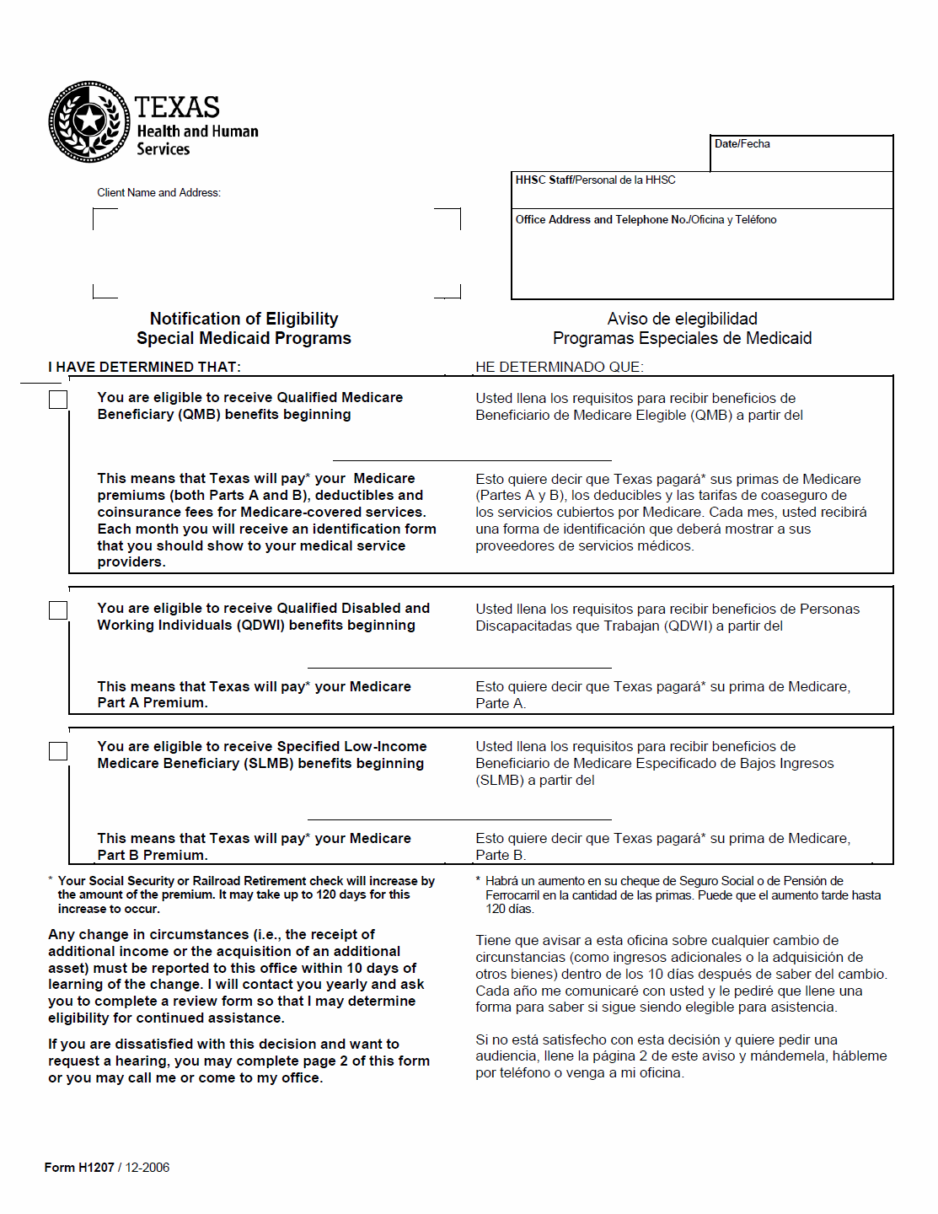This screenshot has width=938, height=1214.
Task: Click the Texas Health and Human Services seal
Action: coord(88,121)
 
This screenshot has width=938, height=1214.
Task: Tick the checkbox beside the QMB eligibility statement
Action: coord(58,400)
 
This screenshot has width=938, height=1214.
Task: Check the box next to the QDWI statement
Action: coord(58,610)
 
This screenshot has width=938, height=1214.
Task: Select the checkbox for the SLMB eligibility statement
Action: coord(58,750)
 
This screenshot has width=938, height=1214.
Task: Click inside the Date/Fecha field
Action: coord(801,158)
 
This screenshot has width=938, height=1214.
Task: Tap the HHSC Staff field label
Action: coord(595,180)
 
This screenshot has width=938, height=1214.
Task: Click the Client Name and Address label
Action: coord(158,193)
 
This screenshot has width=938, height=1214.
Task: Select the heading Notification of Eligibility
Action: coord(244,319)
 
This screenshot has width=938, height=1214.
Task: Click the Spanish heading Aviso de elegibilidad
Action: coord(682,319)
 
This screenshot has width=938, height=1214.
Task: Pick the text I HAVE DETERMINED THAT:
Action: coord(144,368)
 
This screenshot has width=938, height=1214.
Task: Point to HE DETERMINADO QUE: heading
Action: coord(559,368)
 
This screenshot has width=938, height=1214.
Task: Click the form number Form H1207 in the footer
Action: coord(79,1168)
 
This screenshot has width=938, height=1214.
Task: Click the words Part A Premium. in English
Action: coord(153,703)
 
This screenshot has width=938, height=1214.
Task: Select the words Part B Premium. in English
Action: coord(153,855)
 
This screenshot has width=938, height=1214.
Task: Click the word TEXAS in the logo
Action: coord(177,108)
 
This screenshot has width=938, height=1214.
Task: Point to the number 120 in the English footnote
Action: coord(327,894)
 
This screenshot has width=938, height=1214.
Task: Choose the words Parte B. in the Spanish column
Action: coord(501,855)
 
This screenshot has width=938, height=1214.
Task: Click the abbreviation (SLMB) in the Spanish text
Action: coord(500,781)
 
